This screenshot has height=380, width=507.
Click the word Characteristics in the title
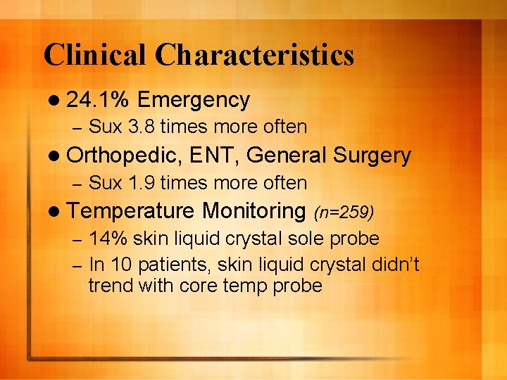point(255,55)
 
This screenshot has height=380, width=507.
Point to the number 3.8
point(142,127)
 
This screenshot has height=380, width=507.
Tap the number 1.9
point(142,183)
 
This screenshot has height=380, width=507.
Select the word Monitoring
point(253,210)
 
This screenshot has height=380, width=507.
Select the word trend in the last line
point(110,285)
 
